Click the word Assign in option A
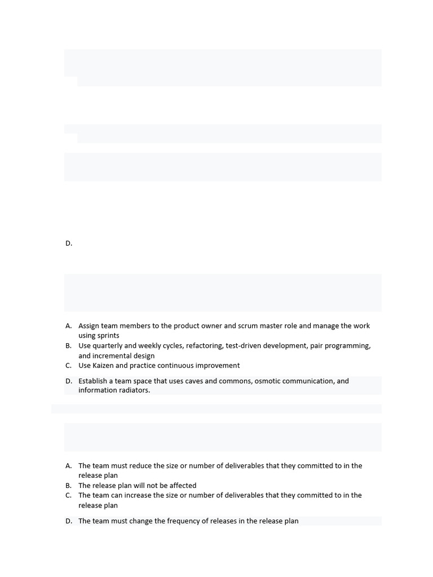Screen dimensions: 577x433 point(89,326)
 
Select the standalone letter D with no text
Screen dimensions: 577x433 point(69,243)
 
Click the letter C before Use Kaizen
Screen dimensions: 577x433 point(68,366)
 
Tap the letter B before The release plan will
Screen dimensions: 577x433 point(68,486)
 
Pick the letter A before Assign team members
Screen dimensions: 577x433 point(68,326)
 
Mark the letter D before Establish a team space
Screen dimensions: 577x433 point(69,381)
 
